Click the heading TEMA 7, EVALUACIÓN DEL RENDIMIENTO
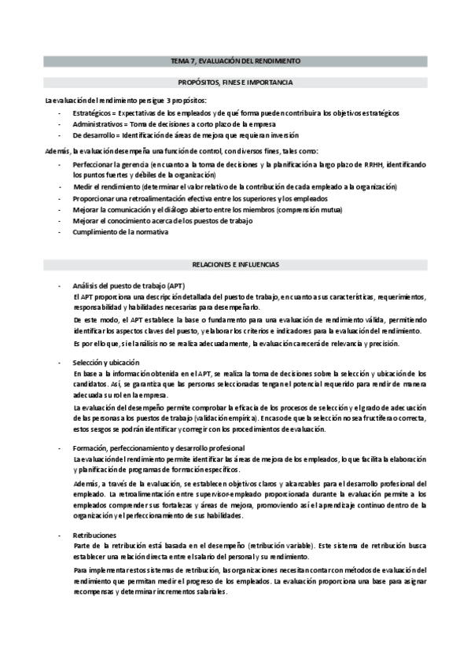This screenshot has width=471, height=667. point(236,60)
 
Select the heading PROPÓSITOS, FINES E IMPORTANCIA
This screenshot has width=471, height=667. point(236,82)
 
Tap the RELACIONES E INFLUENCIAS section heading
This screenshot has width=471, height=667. point(236,264)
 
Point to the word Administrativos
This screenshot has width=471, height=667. point(98,124)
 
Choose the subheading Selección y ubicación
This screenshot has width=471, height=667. point(106,361)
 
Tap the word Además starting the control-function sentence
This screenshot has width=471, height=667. point(57,150)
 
